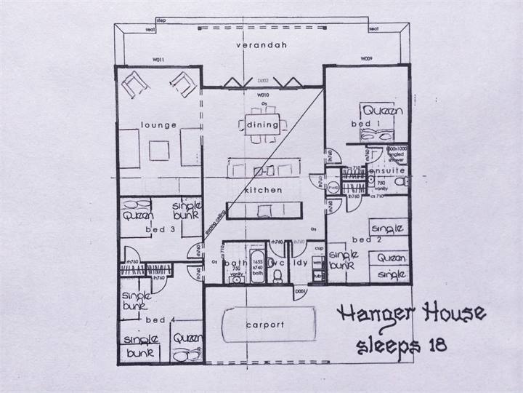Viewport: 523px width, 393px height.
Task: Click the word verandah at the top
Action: pos(263,45)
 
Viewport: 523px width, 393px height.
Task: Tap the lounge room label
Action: pos(160,124)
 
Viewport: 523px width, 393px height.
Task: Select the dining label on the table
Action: pos(263,124)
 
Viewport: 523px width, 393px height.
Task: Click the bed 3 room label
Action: pos(160,229)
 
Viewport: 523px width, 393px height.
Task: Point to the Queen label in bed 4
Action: pos(186,337)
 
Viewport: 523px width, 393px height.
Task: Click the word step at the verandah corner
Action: pos(161,20)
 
